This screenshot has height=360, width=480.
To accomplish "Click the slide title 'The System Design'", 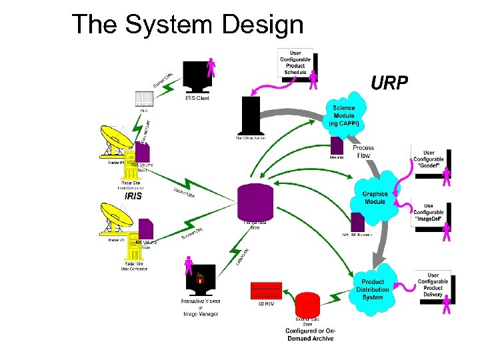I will (187, 25).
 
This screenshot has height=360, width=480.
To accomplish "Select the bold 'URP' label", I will (389, 83).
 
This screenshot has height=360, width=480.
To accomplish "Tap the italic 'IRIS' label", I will (133, 196).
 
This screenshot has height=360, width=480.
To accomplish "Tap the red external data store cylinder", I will (308, 306).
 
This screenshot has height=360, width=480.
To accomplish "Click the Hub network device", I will (144, 99).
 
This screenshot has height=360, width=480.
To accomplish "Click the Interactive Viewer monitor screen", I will (200, 277).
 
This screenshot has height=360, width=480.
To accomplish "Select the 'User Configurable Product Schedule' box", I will (295, 62).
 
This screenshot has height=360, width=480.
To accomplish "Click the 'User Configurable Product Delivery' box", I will (433, 285).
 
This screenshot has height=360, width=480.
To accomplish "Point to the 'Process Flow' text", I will (363, 151).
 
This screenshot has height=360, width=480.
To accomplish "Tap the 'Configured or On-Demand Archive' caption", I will (310, 335).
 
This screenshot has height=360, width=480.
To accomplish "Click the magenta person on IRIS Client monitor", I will (211, 67).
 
